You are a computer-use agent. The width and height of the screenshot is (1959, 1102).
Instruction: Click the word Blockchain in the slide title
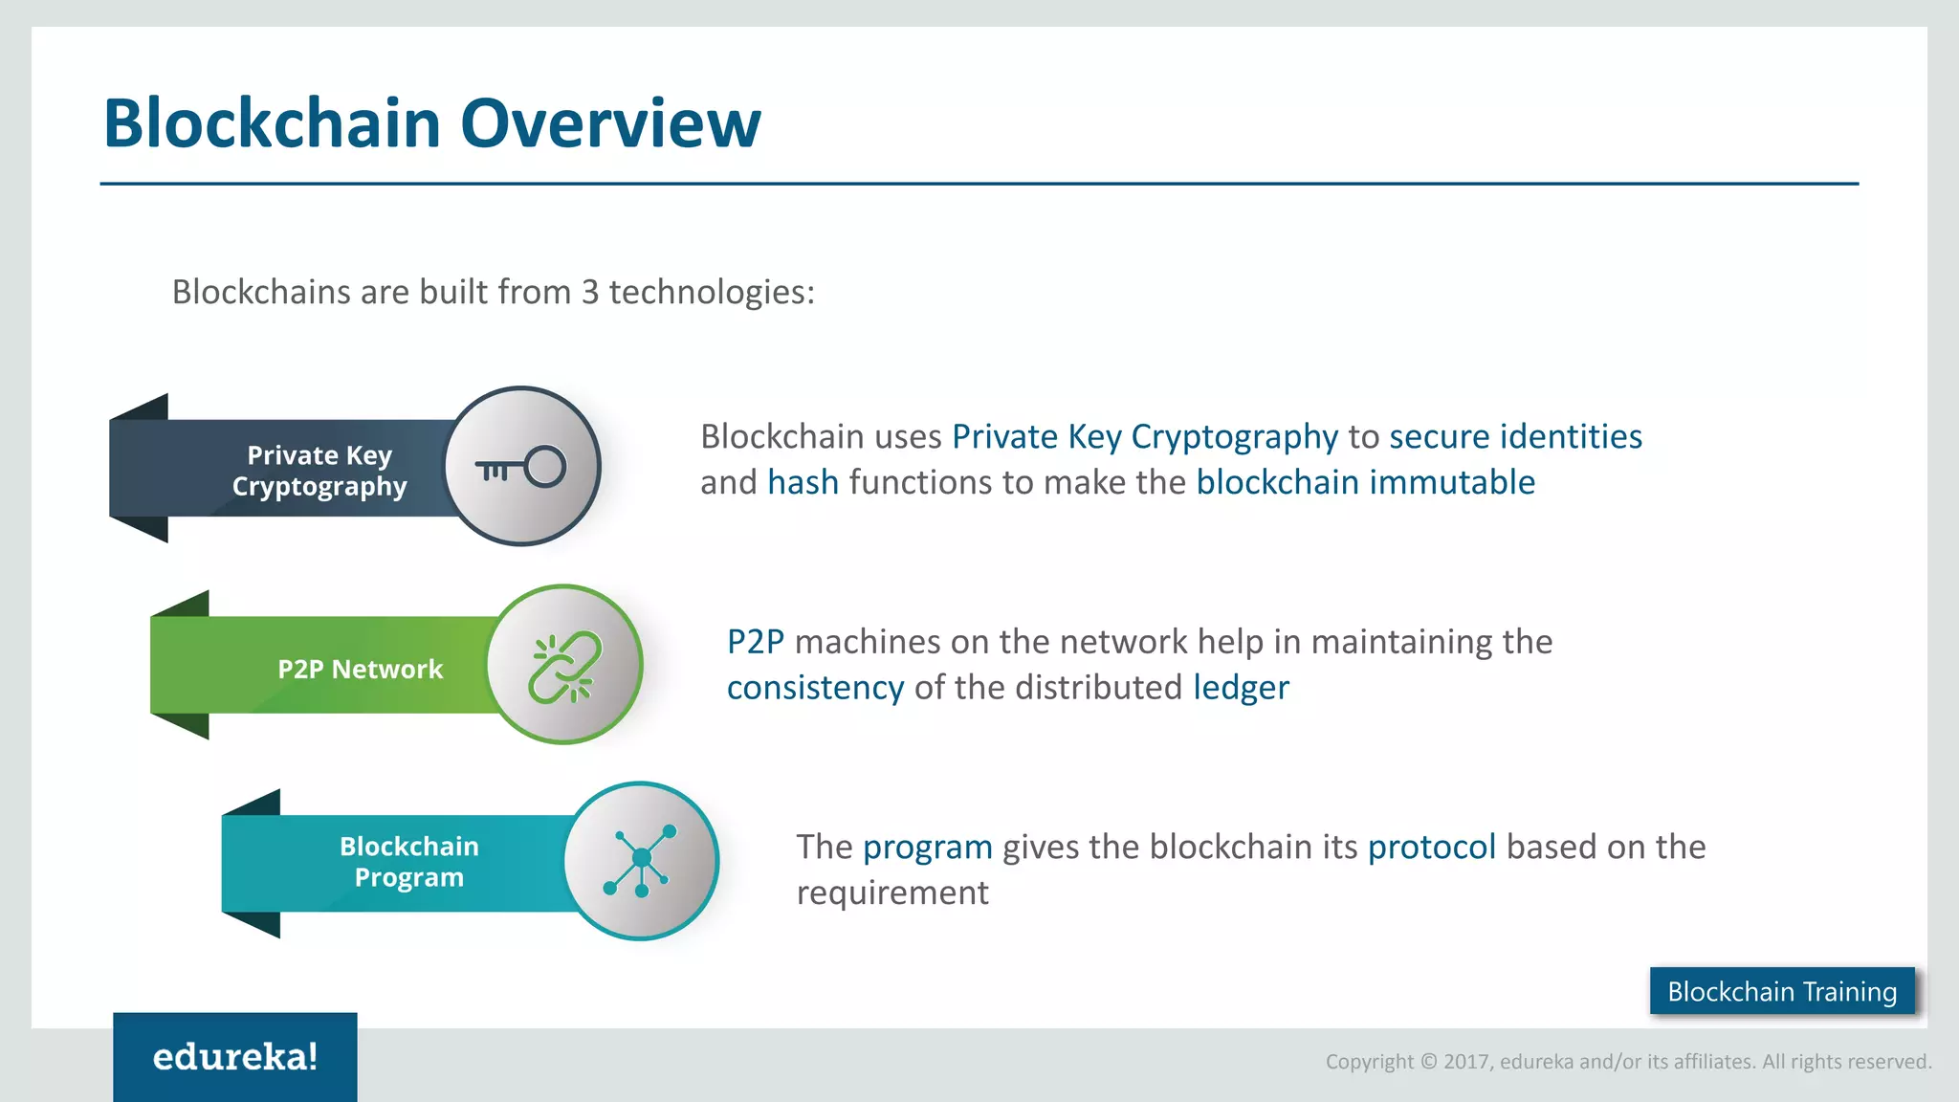(x=272, y=123)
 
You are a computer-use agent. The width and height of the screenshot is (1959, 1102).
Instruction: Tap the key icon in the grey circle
(x=521, y=468)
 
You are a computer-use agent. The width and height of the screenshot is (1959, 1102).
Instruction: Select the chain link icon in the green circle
(x=564, y=667)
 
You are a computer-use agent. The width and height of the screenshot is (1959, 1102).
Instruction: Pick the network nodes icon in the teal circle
(x=640, y=861)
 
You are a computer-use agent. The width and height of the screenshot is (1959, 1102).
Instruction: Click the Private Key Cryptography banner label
(x=319, y=471)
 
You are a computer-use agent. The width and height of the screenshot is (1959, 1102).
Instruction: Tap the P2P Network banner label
(x=360, y=669)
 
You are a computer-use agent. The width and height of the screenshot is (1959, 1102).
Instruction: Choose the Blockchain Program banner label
(x=408, y=862)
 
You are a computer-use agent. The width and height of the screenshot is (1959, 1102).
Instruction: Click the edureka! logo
(x=235, y=1057)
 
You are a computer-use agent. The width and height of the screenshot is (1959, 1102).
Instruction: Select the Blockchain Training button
(x=1782, y=991)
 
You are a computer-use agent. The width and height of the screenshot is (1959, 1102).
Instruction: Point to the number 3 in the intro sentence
(x=590, y=292)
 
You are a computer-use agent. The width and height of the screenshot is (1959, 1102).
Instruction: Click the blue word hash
(x=803, y=482)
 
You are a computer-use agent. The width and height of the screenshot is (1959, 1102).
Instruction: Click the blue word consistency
(x=815, y=688)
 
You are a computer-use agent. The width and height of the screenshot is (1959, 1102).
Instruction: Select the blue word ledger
(x=1241, y=688)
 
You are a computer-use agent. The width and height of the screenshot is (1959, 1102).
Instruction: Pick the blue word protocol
(x=1431, y=847)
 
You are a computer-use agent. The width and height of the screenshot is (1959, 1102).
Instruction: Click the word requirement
(x=892, y=893)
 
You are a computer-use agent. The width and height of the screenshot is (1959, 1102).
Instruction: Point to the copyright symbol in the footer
(x=1429, y=1061)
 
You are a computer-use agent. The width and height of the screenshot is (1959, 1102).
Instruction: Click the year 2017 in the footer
(x=1467, y=1061)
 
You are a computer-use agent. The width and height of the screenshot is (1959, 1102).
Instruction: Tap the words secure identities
(x=1515, y=436)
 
